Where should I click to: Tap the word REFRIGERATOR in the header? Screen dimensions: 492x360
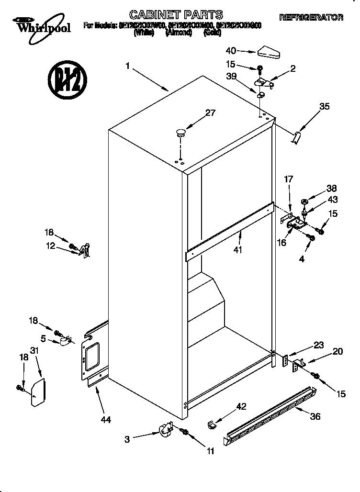(311, 18)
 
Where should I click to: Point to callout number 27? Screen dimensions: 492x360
(210, 113)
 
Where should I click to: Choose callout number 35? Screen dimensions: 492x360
(324, 107)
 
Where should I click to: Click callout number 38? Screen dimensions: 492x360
(332, 188)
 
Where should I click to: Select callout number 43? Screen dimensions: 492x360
(333, 200)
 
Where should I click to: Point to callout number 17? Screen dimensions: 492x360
(289, 180)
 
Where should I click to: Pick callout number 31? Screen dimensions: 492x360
(34, 351)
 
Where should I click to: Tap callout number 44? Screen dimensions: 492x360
(106, 420)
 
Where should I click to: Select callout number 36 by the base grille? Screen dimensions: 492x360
(315, 416)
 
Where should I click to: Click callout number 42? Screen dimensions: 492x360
(242, 406)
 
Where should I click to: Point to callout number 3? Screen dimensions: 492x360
(127, 438)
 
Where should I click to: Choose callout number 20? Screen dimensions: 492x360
(337, 351)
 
